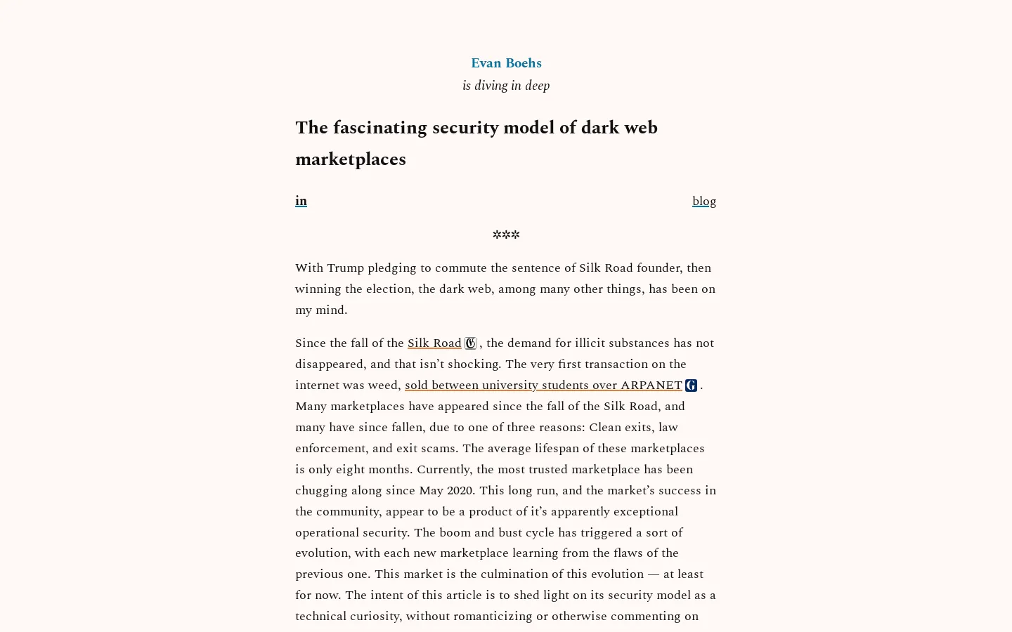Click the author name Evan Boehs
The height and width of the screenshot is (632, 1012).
[x=506, y=63]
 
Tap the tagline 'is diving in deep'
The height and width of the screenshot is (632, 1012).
[x=506, y=86]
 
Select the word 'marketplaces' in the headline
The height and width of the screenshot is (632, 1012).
[x=350, y=159]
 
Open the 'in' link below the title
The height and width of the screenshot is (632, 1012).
[x=301, y=201]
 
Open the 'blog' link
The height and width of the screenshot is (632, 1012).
[x=703, y=202]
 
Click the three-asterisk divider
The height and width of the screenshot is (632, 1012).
[x=506, y=235]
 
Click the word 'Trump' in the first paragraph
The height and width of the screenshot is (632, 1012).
[x=345, y=268]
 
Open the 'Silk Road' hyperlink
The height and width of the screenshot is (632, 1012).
[x=434, y=343]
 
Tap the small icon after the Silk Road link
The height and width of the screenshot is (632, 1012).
[x=470, y=343]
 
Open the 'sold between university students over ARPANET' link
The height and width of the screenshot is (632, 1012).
[x=543, y=386]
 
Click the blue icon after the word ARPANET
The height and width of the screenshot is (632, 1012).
[x=691, y=386]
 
